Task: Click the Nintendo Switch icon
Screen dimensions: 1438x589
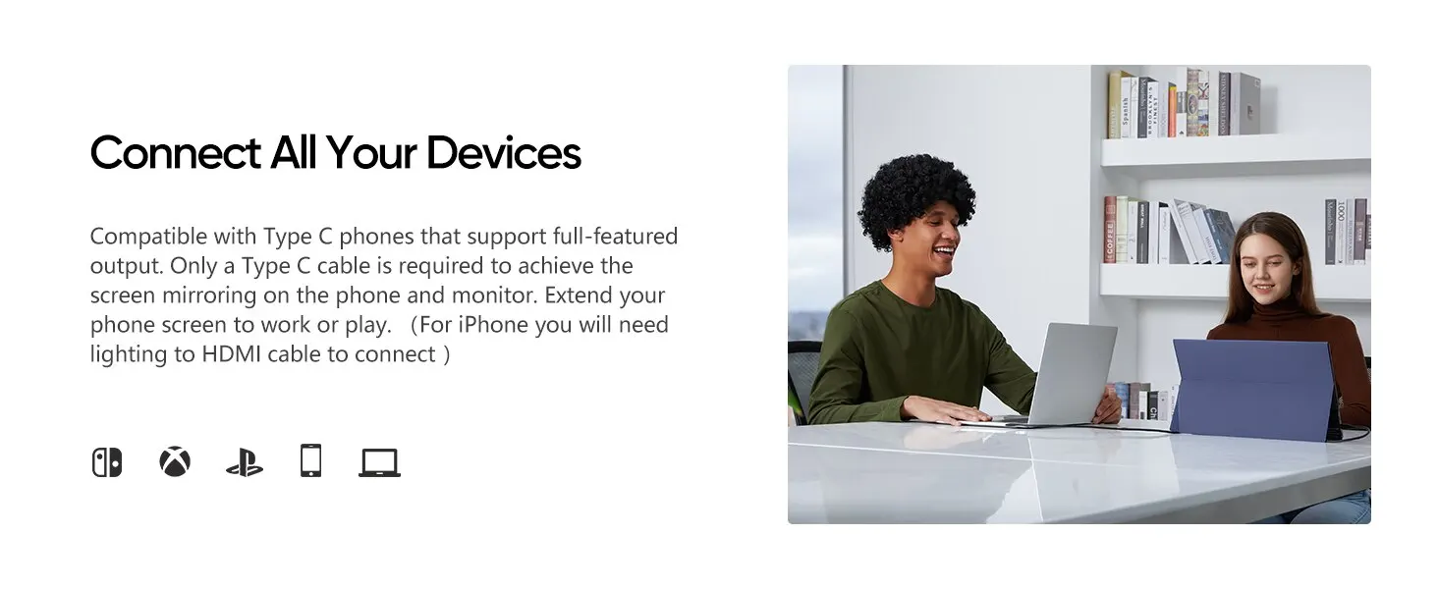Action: click(106, 462)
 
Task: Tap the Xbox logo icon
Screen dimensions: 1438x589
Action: click(175, 462)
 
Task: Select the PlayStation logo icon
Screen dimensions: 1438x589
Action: click(245, 463)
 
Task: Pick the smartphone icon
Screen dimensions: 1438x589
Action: click(310, 460)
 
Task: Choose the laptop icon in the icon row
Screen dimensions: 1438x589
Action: click(379, 462)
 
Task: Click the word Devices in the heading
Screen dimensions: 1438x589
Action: click(503, 153)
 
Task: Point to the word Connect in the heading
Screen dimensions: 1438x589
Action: click(175, 153)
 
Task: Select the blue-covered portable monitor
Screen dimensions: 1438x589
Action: click(1251, 388)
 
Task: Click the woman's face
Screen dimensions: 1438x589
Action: click(1263, 274)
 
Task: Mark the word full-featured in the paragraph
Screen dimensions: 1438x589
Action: click(615, 237)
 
